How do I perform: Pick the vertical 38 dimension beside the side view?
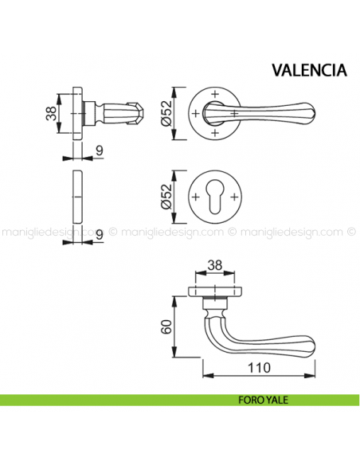[x=49, y=116]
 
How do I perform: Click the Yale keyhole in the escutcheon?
[x=213, y=197]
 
